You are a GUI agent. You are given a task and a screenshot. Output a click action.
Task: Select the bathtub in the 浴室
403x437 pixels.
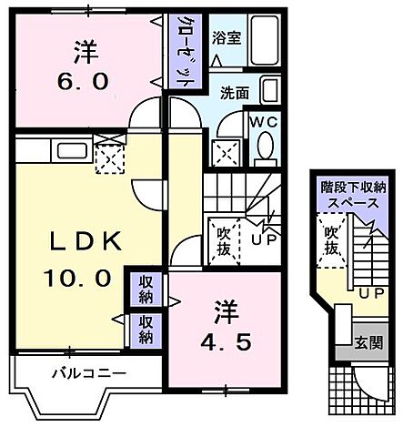pyautogui.click(x=265, y=41)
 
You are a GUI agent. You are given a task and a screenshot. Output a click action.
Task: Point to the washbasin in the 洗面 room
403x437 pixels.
pyautogui.click(x=269, y=89)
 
